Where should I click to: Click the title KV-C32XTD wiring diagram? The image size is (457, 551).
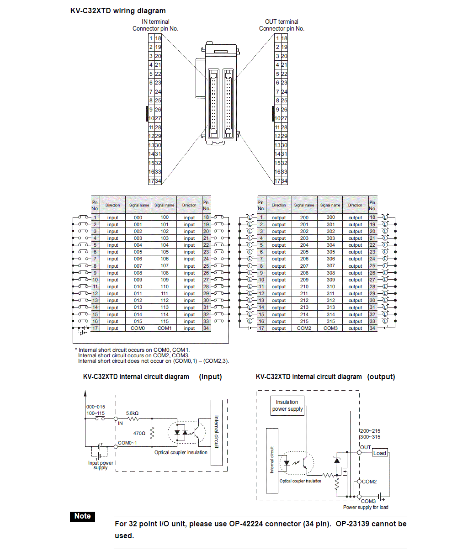coord(118,11)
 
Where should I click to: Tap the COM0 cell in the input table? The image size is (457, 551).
coord(138,328)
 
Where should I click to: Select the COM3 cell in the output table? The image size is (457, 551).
coord(330,328)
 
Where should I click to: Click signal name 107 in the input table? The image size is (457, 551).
coord(165,266)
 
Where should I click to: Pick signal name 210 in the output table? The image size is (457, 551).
coord(304,286)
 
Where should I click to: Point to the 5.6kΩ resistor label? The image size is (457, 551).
coord(133,413)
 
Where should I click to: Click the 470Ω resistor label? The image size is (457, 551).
coord(139,433)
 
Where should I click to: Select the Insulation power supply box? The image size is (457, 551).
coord(287,406)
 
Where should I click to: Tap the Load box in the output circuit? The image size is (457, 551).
coord(380,453)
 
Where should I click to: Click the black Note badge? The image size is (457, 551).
coord(83,516)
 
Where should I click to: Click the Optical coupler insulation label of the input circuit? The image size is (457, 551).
coord(181,452)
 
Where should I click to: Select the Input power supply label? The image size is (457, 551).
coord(101,465)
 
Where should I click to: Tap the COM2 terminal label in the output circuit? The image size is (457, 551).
coord(369,482)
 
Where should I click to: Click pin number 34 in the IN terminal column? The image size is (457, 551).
coord(158,181)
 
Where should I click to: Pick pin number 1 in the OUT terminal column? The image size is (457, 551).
coord(277,38)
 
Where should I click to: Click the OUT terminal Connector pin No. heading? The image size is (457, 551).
coord(282,25)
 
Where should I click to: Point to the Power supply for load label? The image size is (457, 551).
coord(366,507)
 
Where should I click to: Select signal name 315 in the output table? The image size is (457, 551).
coord(330,321)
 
